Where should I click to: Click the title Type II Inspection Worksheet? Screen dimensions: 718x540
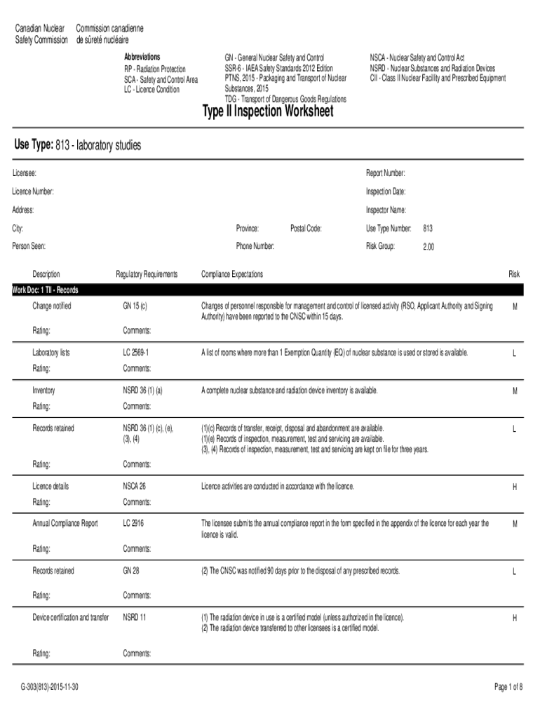tap(268, 113)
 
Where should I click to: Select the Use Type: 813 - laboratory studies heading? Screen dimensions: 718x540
tap(78, 145)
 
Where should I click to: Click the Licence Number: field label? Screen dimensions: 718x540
tap(33, 191)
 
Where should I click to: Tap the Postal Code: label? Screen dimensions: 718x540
tap(306, 229)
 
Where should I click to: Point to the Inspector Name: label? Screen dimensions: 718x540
tap(386, 210)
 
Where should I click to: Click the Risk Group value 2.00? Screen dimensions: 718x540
tap(428, 247)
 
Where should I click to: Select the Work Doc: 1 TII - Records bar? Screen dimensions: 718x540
tap(46, 290)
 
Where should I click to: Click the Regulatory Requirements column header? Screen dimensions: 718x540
tap(147, 274)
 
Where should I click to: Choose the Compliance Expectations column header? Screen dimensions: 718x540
tap(232, 274)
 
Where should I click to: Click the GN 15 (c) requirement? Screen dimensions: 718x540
tap(135, 306)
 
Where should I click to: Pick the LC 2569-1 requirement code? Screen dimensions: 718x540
tap(136, 352)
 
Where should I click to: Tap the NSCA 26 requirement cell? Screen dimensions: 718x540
tap(135, 486)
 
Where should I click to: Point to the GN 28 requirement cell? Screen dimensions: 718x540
tap(131, 571)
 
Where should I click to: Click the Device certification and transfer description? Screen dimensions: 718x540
tap(71, 617)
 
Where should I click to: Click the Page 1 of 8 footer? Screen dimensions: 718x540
tap(508, 687)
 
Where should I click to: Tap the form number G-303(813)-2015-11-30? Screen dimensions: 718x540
tap(50, 687)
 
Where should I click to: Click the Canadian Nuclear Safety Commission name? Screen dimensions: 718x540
tap(41, 33)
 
